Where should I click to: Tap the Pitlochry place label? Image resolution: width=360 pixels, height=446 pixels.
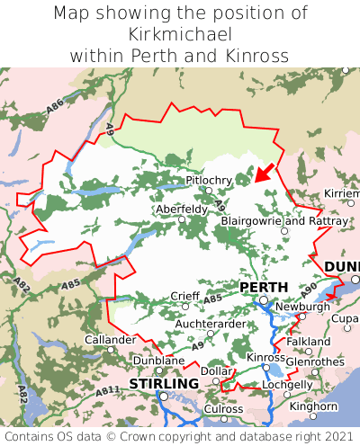pos(208,181)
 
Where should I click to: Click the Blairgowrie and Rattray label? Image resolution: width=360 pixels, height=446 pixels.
pos(283,220)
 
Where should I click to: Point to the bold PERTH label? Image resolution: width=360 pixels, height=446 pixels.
pos(264,287)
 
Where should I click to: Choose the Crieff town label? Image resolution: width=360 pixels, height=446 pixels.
pos(186,296)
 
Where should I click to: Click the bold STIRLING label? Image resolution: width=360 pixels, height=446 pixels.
pos(164,384)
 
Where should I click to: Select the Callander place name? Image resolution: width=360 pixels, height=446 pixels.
pos(110,340)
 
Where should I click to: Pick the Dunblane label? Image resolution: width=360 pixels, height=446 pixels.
pos(158,361)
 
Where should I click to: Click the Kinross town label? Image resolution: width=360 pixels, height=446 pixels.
pos(265,358)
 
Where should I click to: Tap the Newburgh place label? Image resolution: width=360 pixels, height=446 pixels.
pos(302,307)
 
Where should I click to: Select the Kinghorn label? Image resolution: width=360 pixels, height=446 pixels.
pos(313,406)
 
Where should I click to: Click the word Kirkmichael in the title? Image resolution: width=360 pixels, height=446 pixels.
pos(180,34)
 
